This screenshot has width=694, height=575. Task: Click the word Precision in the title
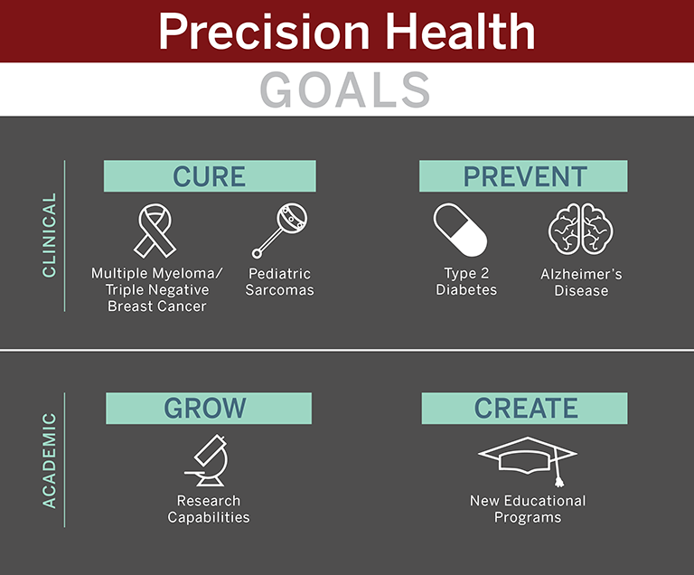tap(264, 32)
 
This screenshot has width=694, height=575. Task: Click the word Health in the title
tap(461, 31)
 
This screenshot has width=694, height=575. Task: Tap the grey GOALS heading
tap(345, 90)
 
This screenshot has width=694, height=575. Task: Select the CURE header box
tap(210, 176)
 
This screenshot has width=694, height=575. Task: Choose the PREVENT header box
tap(523, 176)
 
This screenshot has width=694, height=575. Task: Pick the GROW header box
tap(209, 408)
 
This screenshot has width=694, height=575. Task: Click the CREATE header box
tap(524, 408)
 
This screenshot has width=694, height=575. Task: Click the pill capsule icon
tap(460, 230)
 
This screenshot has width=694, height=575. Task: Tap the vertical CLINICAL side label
tap(49, 235)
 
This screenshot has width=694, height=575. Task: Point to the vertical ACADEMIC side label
tap(49, 460)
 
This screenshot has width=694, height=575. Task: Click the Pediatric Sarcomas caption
tap(280, 282)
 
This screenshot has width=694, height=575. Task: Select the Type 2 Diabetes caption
tap(466, 281)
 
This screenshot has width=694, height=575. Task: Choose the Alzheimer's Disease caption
tap(581, 282)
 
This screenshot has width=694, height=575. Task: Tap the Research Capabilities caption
tap(209, 509)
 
